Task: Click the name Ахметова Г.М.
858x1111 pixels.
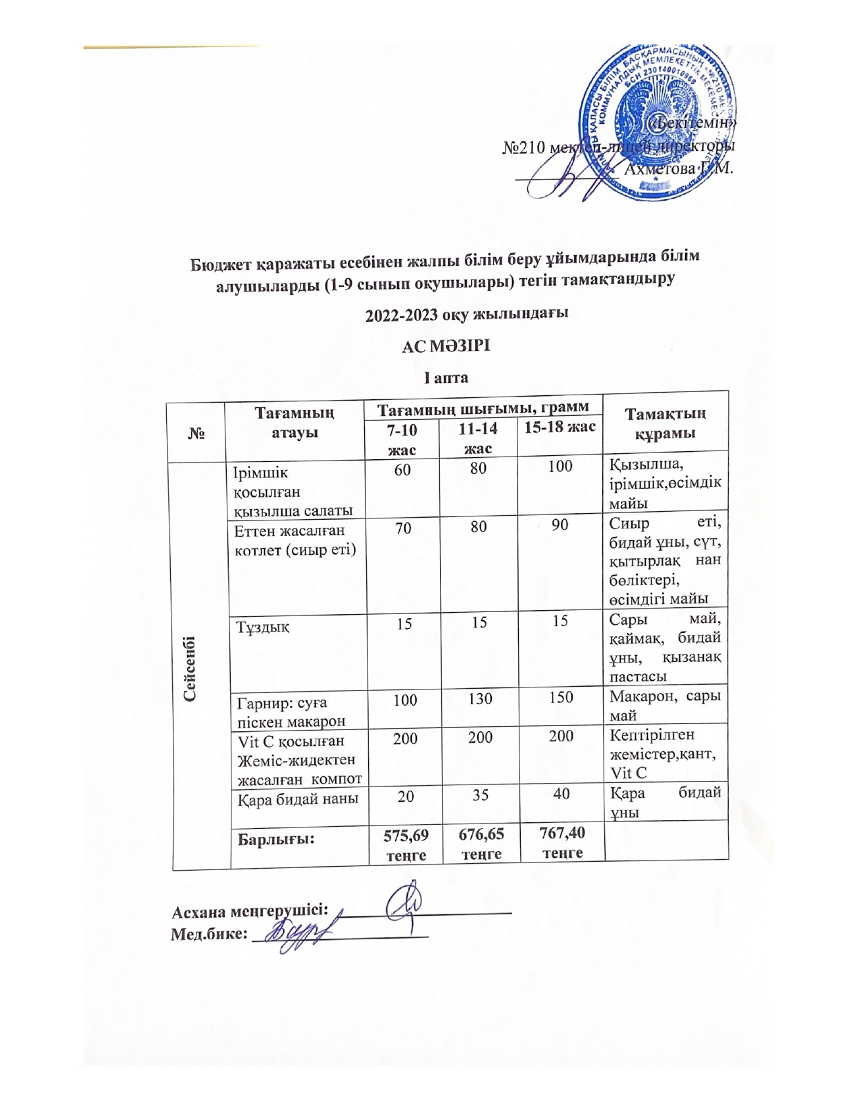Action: [678, 168]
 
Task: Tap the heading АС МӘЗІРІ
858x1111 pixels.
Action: [445, 347]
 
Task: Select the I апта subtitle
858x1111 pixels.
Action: [445, 377]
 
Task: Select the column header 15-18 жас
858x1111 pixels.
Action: [560, 426]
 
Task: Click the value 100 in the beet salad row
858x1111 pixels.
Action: [560, 466]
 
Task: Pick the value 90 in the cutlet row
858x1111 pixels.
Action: [560, 525]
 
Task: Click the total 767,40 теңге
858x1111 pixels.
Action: [562, 842]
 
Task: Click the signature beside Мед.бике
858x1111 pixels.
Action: [301, 933]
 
